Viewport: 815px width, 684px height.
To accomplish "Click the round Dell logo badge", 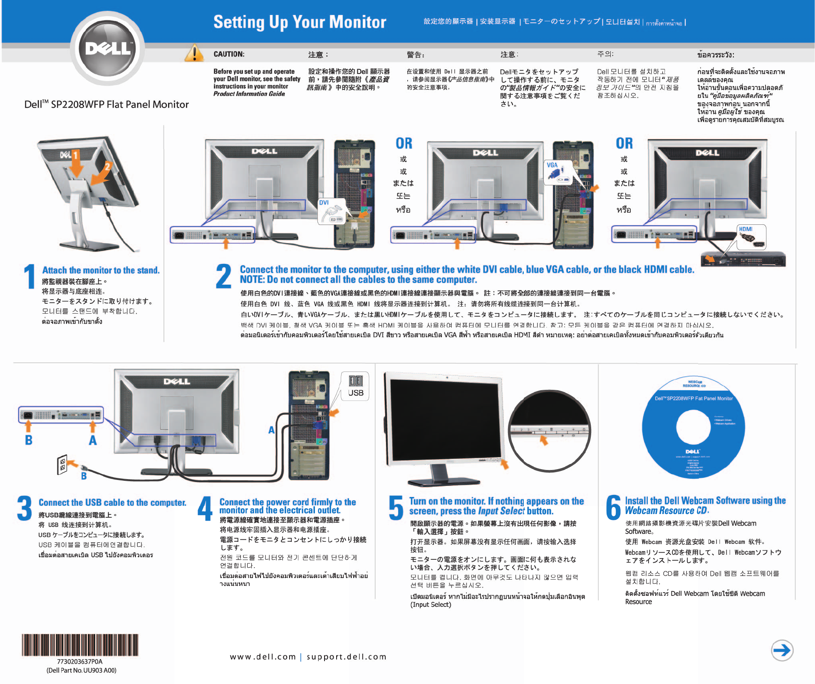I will (x=108, y=49).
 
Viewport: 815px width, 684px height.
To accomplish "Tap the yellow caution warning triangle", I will (x=194, y=54).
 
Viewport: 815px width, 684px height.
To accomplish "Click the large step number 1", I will (x=30, y=276).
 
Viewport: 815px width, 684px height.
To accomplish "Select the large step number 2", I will (x=224, y=276).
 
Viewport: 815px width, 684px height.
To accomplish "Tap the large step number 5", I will (x=396, y=508).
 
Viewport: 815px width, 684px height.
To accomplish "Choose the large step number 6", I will (x=614, y=507).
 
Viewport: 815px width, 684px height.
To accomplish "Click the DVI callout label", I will (x=324, y=203).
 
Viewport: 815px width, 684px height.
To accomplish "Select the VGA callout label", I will (x=552, y=165).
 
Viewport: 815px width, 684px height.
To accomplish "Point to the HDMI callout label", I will (x=746, y=229).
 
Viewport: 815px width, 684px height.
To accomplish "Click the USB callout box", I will (x=355, y=386).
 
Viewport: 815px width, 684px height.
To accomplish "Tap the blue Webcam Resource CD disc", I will (x=693, y=428).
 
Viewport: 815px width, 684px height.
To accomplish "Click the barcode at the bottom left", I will (x=80, y=645).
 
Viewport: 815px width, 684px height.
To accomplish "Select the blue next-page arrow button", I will (x=782, y=650).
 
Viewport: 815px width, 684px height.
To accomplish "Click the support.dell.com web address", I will (x=347, y=657).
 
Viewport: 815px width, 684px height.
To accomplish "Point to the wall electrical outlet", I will (x=62, y=465).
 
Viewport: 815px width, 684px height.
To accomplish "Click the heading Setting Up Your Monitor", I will (x=300, y=22).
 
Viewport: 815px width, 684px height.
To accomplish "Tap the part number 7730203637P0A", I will (x=80, y=662).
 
